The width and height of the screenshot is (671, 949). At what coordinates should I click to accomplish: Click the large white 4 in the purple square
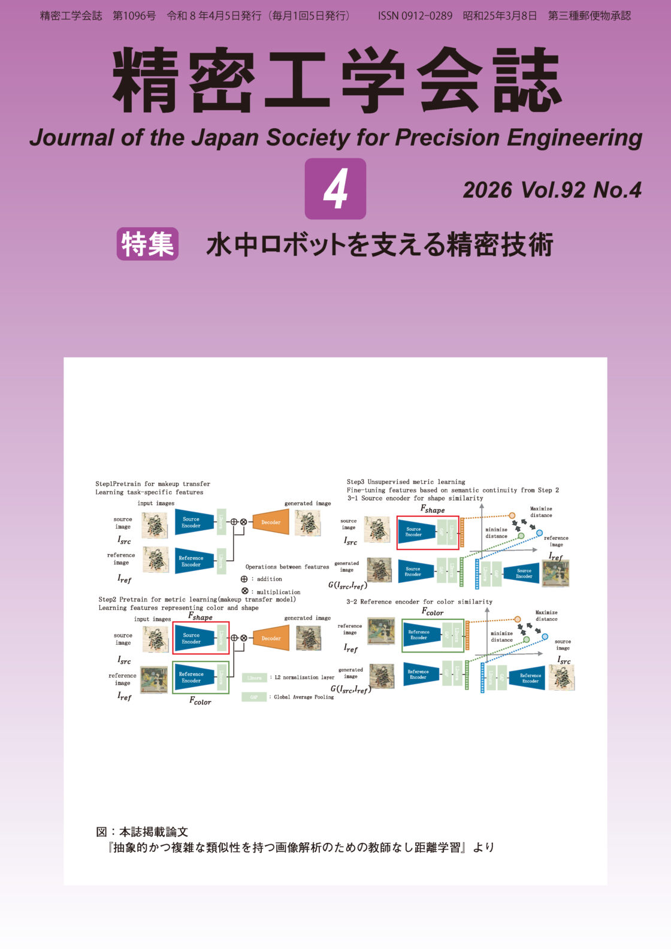(x=335, y=189)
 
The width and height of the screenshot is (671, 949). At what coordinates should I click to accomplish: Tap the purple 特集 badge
(x=147, y=244)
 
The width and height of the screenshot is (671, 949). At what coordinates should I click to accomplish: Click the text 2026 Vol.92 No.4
(x=552, y=191)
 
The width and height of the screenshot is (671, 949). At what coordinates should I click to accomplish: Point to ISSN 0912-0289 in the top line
(x=415, y=16)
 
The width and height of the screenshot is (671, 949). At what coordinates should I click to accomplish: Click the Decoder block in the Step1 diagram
(x=271, y=522)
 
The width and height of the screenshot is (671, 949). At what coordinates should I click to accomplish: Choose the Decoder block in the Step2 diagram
(x=271, y=638)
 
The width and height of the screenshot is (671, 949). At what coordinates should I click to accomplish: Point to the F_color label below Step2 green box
(x=200, y=701)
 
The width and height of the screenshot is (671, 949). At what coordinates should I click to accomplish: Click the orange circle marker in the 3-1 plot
(x=512, y=515)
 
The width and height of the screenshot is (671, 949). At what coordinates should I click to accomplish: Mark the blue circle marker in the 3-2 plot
(x=545, y=637)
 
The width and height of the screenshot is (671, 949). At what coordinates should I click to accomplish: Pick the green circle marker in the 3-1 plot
(x=521, y=536)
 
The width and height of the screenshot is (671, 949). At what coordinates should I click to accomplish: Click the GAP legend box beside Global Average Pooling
(x=254, y=697)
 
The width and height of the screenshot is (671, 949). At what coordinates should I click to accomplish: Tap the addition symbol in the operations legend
(x=244, y=579)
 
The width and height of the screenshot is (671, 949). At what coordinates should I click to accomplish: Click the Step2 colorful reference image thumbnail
(x=154, y=679)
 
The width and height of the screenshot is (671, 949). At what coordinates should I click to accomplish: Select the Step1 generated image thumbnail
(x=307, y=523)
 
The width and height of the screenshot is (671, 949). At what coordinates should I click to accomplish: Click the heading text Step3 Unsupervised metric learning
(x=406, y=482)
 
